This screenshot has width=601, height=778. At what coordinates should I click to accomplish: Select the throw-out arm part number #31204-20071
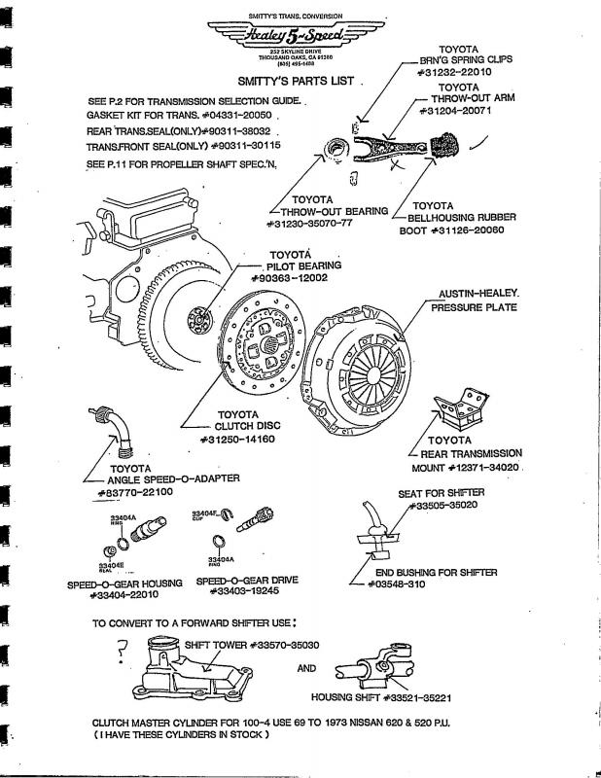point(456,110)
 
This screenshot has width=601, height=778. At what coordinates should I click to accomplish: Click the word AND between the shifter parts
point(305,668)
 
